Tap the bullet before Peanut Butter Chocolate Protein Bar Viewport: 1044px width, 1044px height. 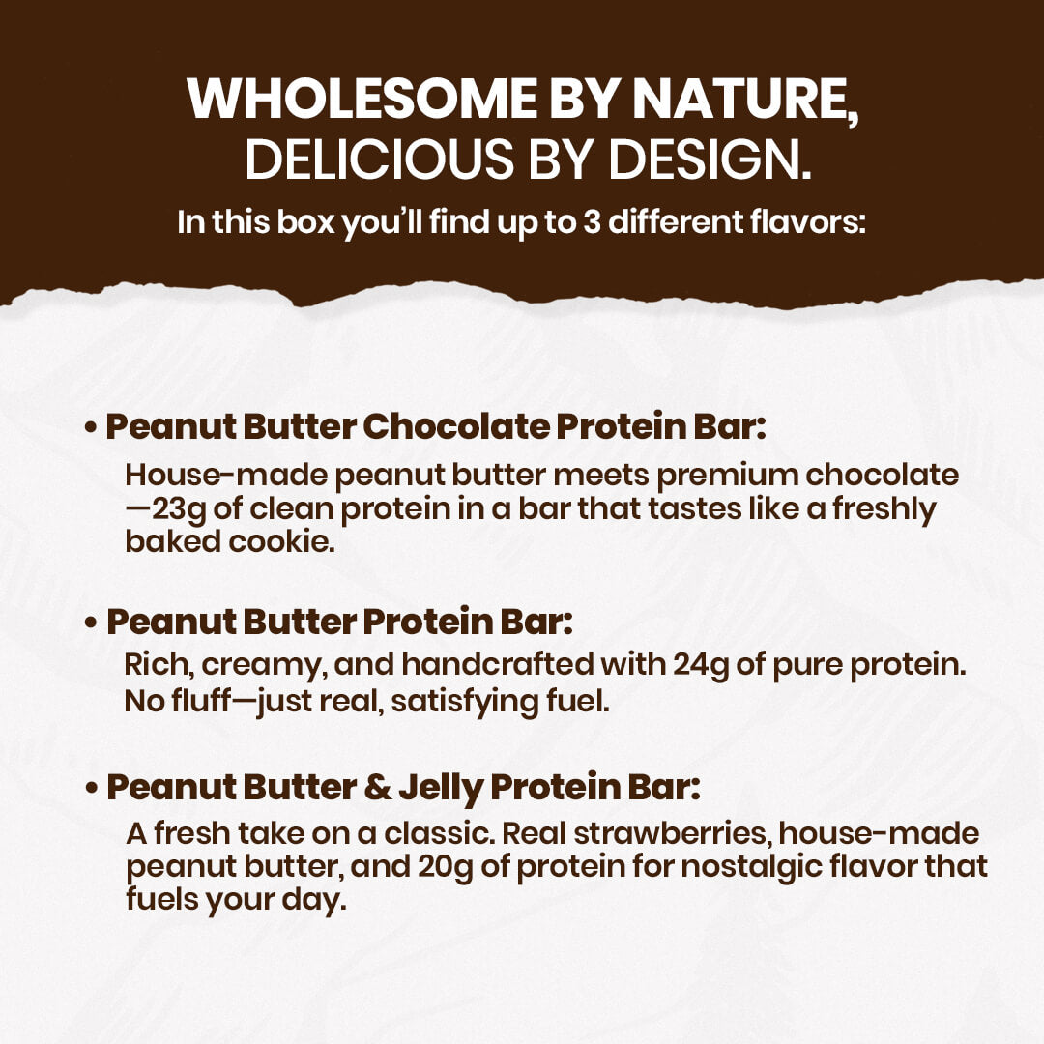(91, 428)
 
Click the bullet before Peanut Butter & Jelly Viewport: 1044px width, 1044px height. (91, 789)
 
